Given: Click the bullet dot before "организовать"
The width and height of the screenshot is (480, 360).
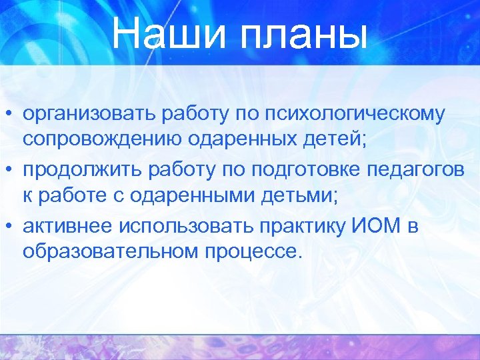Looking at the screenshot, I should coord(10,114).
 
